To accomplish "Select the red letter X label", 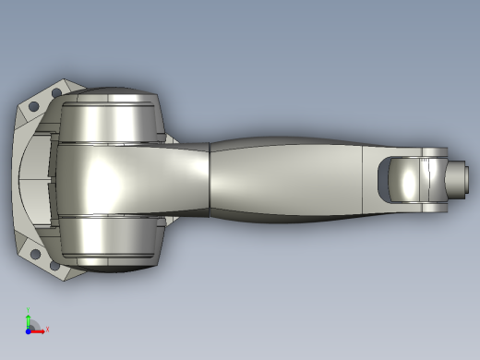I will tap(47, 329).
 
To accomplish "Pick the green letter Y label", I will tap(29, 309).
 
